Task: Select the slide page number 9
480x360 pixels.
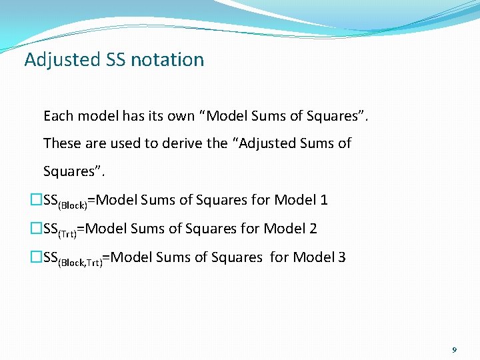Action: [x=454, y=349]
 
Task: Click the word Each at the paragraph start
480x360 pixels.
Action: [x=58, y=116]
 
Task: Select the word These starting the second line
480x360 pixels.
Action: [x=62, y=143]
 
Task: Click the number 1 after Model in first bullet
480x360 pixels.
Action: [x=323, y=200]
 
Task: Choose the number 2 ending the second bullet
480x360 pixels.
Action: [x=313, y=229]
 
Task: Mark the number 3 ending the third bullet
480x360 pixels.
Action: [x=341, y=257]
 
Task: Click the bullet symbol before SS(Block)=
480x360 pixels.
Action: [x=37, y=200]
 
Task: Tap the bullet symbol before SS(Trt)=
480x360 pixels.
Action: [x=37, y=229]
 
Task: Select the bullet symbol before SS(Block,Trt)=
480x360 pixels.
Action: [x=37, y=257]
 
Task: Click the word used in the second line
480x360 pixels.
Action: [x=127, y=143]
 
